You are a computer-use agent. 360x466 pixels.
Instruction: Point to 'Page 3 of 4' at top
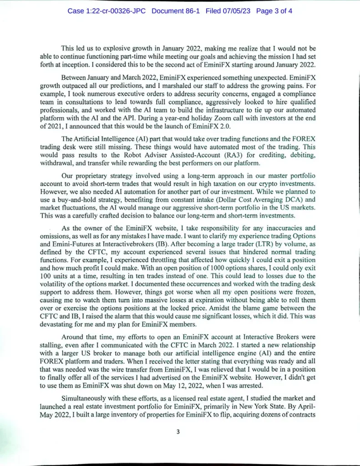point(274,10)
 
